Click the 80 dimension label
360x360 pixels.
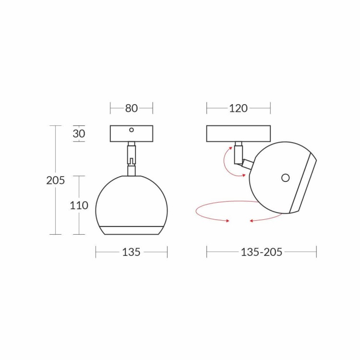[132, 108]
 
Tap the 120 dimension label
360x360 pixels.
[238, 108]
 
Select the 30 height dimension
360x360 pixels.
[79, 133]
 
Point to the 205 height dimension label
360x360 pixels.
[56, 180]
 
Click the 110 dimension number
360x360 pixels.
[79, 205]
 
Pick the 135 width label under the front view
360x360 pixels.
[131, 252]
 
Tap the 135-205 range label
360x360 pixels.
[261, 252]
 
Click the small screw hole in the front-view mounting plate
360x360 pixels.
[132, 130]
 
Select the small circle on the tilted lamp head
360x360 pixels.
[286, 178]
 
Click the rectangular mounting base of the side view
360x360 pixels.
[238, 133]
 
